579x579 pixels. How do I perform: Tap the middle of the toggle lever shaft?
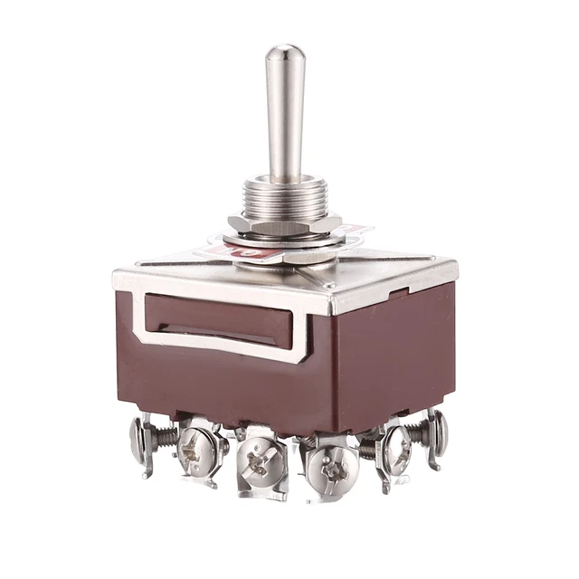click(x=285, y=118)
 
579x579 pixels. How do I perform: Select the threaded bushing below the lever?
click(x=285, y=195)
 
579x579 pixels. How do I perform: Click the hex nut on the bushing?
click(x=285, y=223)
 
